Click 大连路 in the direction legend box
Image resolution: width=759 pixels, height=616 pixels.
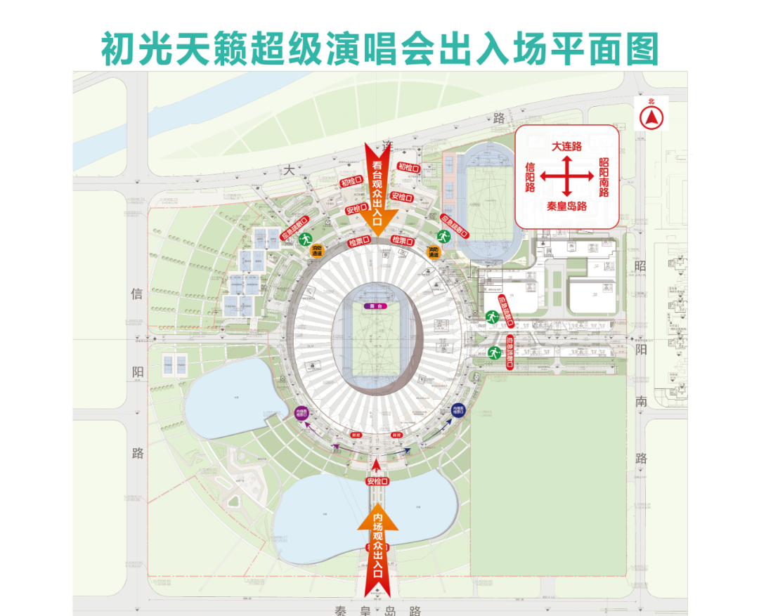click(566, 147)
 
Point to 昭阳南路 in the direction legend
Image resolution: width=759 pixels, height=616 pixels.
click(604, 177)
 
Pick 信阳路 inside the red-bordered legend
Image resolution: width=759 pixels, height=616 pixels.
click(531, 177)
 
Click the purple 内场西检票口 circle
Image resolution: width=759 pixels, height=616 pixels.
click(301, 413)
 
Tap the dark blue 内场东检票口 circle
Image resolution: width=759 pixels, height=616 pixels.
click(459, 409)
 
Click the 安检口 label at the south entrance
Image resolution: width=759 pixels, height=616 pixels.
click(377, 481)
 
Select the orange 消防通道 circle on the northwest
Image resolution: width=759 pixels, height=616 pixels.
click(318, 250)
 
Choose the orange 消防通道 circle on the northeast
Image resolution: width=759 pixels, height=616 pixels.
click(434, 251)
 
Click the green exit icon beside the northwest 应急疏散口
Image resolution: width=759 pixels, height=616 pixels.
click(306, 240)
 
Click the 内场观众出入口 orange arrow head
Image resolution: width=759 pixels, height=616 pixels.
click(377, 516)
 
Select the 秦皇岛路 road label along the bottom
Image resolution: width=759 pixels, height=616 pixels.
click(378, 608)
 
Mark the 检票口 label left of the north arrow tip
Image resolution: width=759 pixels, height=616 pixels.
click(358, 242)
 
